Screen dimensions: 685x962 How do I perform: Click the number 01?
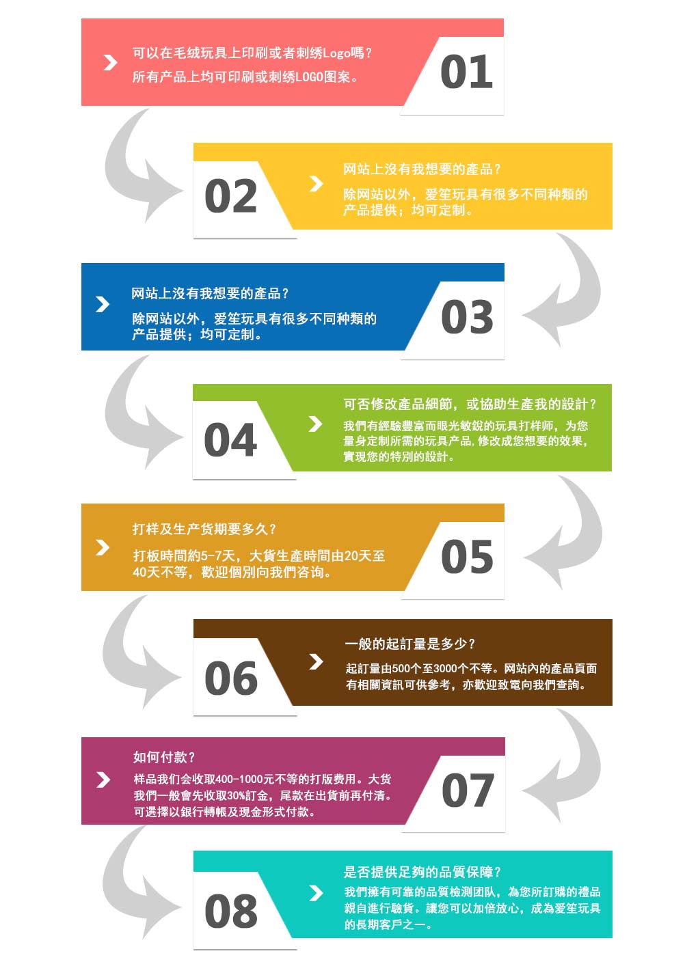point(466,71)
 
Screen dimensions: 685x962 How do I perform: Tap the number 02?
point(231,196)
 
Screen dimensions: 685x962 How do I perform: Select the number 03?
point(467,317)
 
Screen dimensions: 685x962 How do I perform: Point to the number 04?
point(230,440)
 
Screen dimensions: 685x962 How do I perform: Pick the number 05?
point(467,557)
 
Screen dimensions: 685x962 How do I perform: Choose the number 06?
point(231,678)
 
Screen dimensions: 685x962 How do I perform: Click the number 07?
point(468,791)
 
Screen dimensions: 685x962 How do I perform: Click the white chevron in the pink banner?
point(111,63)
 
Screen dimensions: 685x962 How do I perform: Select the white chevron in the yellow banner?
point(316,183)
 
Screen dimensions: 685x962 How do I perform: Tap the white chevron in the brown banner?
point(316,662)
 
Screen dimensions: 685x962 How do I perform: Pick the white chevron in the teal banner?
point(316,893)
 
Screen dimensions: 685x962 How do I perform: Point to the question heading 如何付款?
point(163,757)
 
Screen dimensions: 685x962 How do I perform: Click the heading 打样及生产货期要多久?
point(204,529)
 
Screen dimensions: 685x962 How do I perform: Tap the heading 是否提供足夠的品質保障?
point(422,872)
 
